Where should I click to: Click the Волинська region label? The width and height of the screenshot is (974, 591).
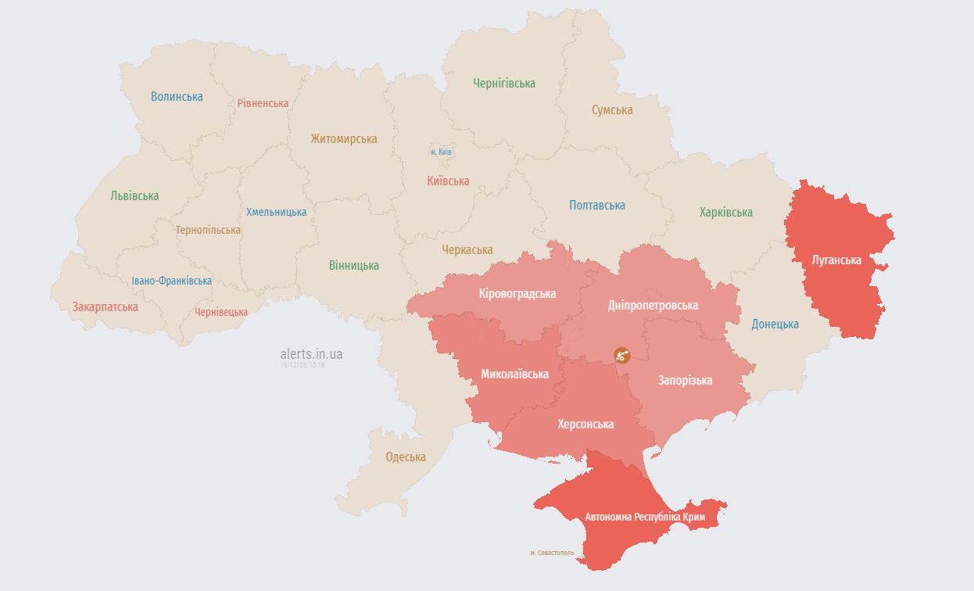[177, 97]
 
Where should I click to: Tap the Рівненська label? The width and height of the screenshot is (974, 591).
[263, 103]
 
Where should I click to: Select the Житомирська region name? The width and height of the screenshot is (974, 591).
[343, 139]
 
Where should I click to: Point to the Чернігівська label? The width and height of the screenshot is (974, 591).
[504, 83]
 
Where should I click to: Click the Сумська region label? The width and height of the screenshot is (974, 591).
[612, 110]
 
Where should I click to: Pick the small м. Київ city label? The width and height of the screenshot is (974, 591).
[441, 152]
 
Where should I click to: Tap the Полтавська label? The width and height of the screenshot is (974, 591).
[597, 206]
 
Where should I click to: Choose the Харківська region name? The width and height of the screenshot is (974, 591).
[726, 213]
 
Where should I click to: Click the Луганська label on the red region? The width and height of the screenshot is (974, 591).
[836, 260]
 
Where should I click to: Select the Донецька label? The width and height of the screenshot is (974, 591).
[775, 324]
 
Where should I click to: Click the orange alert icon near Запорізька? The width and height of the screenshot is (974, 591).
[622, 355]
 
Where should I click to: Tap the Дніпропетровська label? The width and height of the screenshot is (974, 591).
[653, 305]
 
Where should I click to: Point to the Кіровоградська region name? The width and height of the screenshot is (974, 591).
[517, 294]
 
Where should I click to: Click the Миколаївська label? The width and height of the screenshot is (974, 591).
[514, 374]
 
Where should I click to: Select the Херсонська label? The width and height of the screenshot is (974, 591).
[585, 424]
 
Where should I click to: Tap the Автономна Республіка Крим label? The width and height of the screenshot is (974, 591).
[645, 518]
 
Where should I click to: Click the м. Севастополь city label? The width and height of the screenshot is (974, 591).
[552, 553]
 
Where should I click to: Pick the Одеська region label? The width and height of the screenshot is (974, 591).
[406, 457]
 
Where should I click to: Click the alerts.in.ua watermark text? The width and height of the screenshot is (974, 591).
[311, 354]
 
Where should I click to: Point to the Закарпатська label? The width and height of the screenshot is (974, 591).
[106, 307]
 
